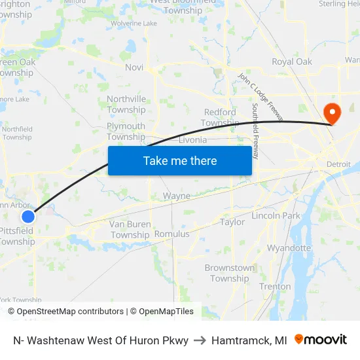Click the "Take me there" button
[x=180, y=160]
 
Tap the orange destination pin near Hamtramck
[x=333, y=113]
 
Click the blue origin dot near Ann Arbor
[x=27, y=217]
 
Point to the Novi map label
[x=134, y=67]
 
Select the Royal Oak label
[x=292, y=62]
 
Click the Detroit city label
[x=338, y=164]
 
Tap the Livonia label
[x=192, y=140]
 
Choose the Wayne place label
[x=177, y=196]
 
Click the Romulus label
[x=171, y=234]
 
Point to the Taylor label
[x=232, y=223]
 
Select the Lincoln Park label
[x=276, y=215]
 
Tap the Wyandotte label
[x=289, y=248]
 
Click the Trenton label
[x=275, y=287]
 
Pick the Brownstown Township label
[x=230, y=273]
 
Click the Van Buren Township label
[x=130, y=230]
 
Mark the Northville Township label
[x=126, y=105]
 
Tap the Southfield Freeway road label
[x=256, y=130]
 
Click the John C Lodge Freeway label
[x=261, y=96]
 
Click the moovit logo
[x=321, y=340]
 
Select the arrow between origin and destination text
[x=200, y=340]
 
